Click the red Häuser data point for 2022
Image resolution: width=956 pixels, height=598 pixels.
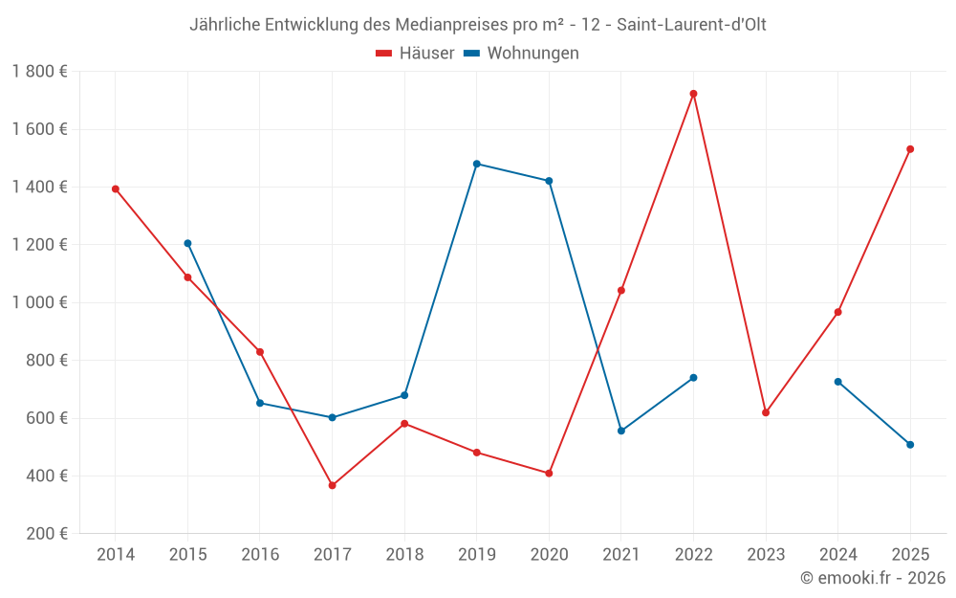click(693, 94)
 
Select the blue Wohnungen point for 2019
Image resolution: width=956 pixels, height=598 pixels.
click(476, 164)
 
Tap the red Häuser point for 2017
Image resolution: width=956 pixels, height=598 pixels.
click(332, 485)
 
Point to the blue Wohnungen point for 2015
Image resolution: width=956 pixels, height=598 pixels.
click(187, 243)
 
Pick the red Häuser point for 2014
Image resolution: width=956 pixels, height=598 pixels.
click(116, 188)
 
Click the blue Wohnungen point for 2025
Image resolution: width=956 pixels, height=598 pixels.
click(910, 444)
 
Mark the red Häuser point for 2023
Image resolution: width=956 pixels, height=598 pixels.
click(766, 412)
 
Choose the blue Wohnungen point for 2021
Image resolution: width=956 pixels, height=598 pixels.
click(621, 431)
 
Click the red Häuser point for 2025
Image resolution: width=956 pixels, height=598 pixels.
click(910, 149)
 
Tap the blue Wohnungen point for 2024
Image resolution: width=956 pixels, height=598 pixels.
click(837, 382)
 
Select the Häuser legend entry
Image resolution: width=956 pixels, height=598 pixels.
click(415, 54)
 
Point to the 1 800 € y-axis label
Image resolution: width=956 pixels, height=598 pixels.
click(39, 72)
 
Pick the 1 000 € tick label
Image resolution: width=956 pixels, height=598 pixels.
click(39, 302)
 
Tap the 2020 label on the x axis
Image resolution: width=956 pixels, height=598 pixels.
click(549, 555)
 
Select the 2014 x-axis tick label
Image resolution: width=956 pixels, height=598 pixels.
click(116, 555)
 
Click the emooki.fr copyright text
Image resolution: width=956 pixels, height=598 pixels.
click(873, 578)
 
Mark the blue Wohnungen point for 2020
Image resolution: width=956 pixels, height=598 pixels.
click(549, 181)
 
